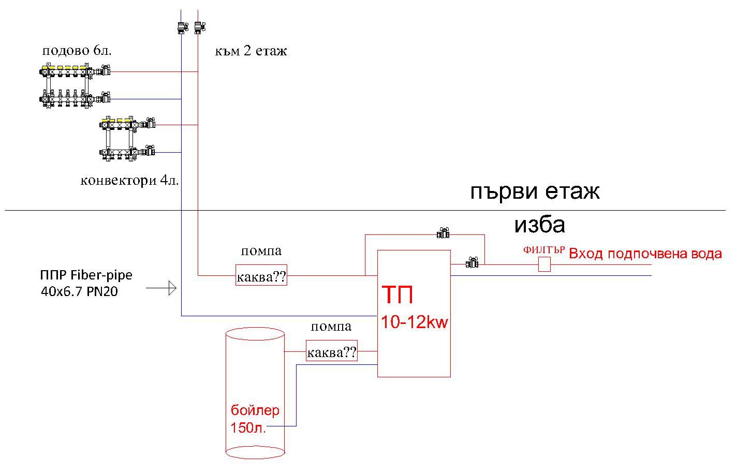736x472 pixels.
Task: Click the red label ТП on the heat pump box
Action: [x=398, y=295]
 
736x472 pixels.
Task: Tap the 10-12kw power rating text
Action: [x=414, y=322]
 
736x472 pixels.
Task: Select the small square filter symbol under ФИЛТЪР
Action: [x=544, y=264]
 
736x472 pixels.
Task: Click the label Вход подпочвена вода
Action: [x=645, y=254]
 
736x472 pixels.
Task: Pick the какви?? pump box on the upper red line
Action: [x=261, y=275]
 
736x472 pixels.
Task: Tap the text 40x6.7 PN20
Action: [x=79, y=292]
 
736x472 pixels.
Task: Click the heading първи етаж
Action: [x=535, y=192]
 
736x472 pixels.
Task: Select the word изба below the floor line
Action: [x=539, y=225]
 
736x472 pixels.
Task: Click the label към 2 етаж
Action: [x=251, y=51]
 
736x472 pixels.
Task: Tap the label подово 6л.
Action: [x=77, y=51]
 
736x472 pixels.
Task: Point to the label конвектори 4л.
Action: [x=129, y=181]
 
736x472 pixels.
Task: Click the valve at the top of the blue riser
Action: [x=182, y=27]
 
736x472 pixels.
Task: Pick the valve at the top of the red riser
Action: [x=198, y=27]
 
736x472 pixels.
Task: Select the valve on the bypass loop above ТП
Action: [x=443, y=234]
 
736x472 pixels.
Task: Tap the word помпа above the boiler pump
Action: [x=331, y=327]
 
